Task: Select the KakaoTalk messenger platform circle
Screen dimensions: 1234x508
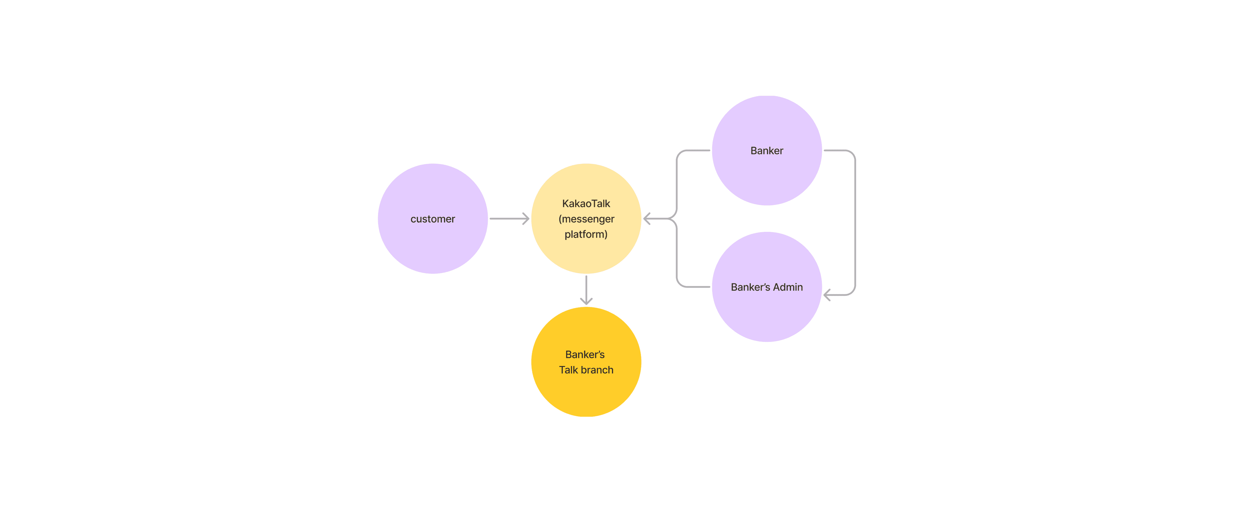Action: pyautogui.click(x=586, y=254)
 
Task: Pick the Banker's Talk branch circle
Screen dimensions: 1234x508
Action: pyautogui.click(x=586, y=393)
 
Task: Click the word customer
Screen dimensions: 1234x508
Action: pyautogui.click(x=433, y=219)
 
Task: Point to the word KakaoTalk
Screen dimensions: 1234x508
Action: pyautogui.click(x=586, y=204)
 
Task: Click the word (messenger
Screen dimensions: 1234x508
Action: pyautogui.click(x=586, y=219)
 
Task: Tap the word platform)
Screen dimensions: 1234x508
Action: pyautogui.click(x=586, y=234)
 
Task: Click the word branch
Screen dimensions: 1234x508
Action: pyautogui.click(x=597, y=370)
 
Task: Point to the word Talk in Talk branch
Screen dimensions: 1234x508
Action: pyautogui.click(x=568, y=370)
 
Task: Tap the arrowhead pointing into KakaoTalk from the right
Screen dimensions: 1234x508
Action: pyautogui.click(x=647, y=219)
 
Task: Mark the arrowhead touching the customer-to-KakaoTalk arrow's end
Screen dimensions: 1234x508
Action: pyautogui.click(x=526, y=219)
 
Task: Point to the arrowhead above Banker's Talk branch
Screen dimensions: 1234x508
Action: pyautogui.click(x=586, y=302)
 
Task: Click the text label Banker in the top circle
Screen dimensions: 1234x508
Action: pyautogui.click(x=766, y=150)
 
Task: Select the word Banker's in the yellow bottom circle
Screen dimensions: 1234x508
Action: pyautogui.click(x=585, y=355)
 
